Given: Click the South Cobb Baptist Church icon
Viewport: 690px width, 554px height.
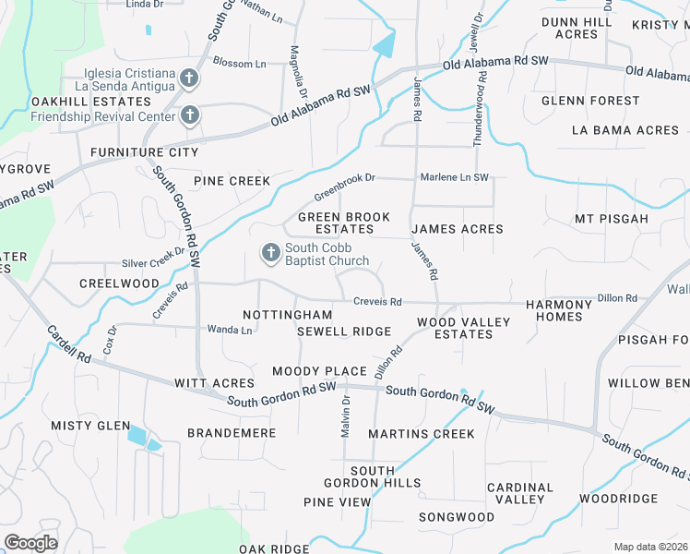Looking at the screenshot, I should pyautogui.click(x=271, y=252).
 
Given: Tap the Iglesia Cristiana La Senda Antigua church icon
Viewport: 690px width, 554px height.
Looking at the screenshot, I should pyautogui.click(x=190, y=78).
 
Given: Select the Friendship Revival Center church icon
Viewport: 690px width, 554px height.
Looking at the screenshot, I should pyautogui.click(x=190, y=115).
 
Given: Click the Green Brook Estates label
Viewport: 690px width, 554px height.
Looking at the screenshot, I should pyautogui.click(x=343, y=223).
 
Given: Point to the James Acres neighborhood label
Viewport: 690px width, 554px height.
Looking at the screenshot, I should pyautogui.click(x=457, y=229).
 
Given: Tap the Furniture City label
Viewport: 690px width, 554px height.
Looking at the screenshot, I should pyautogui.click(x=144, y=151).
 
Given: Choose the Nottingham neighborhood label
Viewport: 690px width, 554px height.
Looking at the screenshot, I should pyautogui.click(x=287, y=315).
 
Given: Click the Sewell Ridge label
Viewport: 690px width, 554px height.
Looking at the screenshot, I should pyautogui.click(x=344, y=331).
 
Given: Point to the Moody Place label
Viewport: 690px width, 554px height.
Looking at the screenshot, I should pyautogui.click(x=319, y=371).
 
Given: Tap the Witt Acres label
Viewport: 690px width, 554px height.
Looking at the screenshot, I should pyautogui.click(x=214, y=382).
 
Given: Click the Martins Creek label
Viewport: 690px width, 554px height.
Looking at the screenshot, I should pyautogui.click(x=422, y=434).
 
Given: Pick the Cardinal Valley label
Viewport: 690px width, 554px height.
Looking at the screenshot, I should pyautogui.click(x=520, y=493).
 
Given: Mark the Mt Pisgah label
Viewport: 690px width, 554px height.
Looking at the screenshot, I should pyautogui.click(x=612, y=220).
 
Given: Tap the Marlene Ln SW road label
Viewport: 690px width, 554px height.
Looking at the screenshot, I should pyautogui.click(x=451, y=176).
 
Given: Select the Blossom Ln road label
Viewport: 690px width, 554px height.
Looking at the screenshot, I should pyautogui.click(x=239, y=63).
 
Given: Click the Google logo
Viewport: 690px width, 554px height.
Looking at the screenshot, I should pyautogui.click(x=30, y=543).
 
